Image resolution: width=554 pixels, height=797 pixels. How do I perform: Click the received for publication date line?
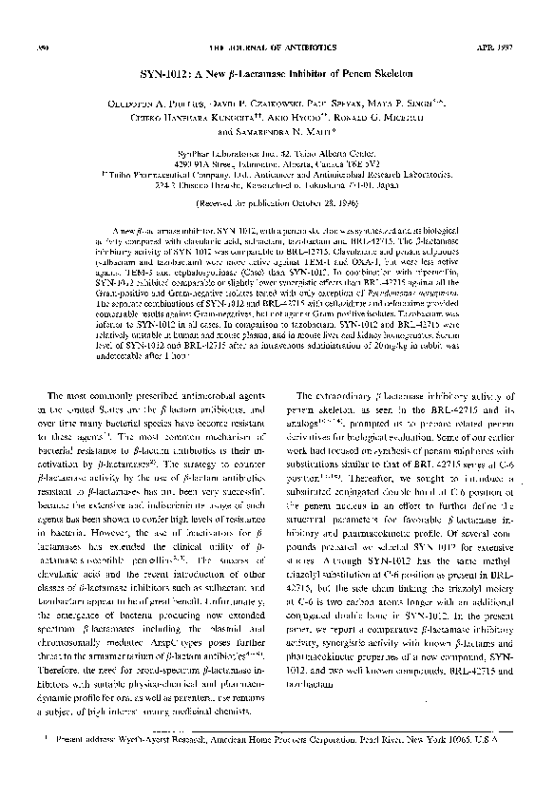[276, 204]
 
